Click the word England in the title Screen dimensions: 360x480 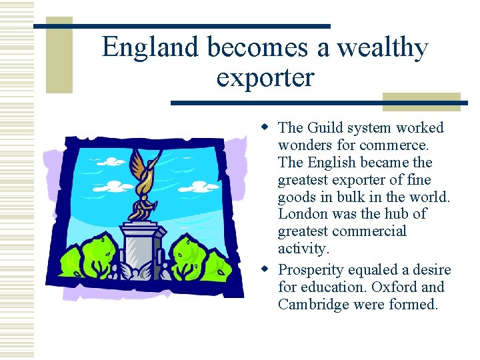(x=151, y=48)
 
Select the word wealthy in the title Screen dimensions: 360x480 (x=382, y=48)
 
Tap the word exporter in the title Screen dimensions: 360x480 (x=265, y=77)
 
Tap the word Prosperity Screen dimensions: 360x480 (x=310, y=270)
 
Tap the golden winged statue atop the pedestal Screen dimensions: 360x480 (x=143, y=183)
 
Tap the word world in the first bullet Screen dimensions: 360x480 (x=431, y=197)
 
